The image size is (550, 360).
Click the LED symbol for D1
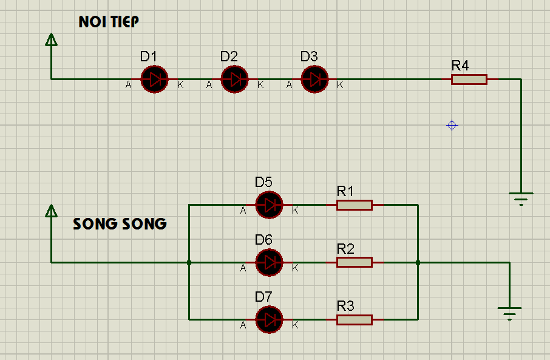(154, 80)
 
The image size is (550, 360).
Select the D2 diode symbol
(234, 80)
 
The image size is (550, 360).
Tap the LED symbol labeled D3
(314, 80)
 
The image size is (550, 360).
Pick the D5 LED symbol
(269, 205)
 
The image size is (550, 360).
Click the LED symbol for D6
(269, 262)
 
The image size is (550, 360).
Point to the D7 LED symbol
(269, 319)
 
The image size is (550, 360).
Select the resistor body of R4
(469, 80)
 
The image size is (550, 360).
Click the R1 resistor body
(355, 205)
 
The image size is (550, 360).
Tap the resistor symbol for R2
(355, 262)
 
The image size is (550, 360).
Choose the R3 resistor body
(355, 319)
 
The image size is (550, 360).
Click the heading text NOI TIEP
(109, 23)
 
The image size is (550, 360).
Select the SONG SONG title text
(120, 224)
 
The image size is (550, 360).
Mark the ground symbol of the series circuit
(521, 197)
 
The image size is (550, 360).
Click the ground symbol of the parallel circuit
(509, 312)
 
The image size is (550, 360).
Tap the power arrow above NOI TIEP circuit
(52, 40)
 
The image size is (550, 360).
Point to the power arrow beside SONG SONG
(52, 211)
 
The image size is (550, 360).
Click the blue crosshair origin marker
(452, 126)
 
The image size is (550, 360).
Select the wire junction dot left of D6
(189, 262)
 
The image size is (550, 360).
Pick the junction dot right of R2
(418, 262)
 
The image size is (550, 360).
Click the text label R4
(460, 66)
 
